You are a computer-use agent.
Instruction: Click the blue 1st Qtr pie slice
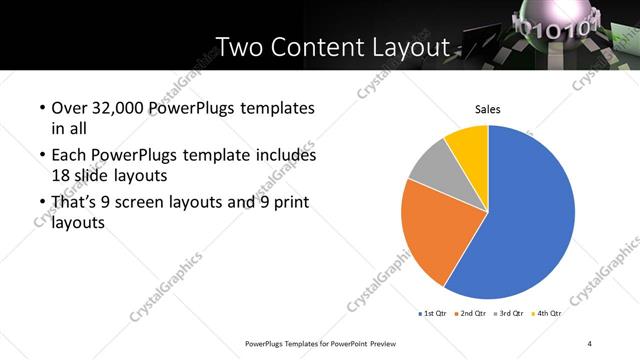[530, 220]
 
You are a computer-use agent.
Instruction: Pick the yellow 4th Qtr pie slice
[468, 143]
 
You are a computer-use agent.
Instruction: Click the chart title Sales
[487, 109]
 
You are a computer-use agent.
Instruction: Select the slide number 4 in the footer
[590, 344]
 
